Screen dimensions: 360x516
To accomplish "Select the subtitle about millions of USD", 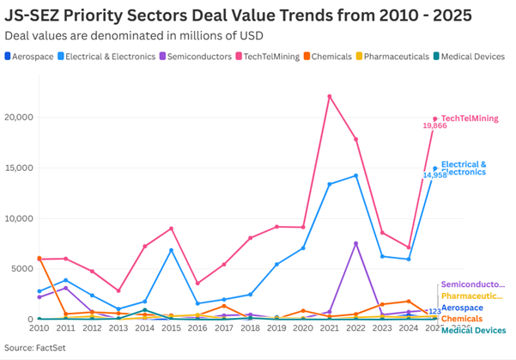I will point(134,35).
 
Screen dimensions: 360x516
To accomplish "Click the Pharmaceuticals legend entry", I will point(393,57).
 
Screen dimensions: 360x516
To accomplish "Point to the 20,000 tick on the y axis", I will point(18,117).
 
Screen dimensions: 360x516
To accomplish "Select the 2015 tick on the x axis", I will point(172,328).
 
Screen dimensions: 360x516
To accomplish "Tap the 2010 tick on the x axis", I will point(39,328).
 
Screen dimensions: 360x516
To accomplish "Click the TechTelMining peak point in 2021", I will point(330,96).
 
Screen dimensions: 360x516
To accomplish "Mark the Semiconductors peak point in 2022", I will point(355,243).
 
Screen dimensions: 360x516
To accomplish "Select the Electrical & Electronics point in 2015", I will point(172,250).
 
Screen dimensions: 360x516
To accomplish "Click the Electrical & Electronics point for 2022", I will point(355,175).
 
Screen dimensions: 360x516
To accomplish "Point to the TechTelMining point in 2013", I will point(118,290).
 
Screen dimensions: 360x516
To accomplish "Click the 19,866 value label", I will point(434,126).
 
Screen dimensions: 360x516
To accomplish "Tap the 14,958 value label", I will point(434,175).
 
